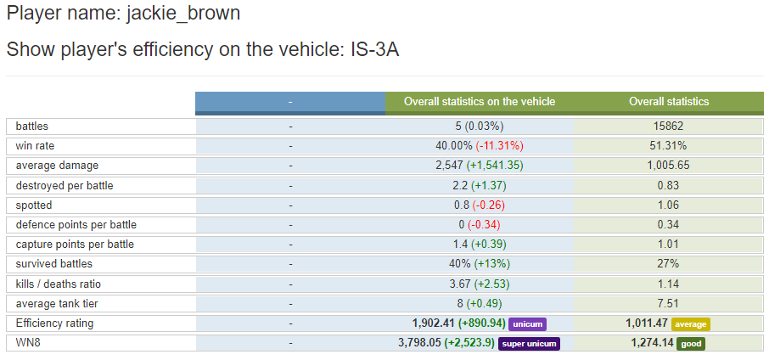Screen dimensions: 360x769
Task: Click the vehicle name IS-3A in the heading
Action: click(x=374, y=49)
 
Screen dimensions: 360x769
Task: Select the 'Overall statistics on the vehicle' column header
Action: click(x=480, y=102)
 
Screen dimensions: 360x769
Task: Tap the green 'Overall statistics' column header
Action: click(x=669, y=102)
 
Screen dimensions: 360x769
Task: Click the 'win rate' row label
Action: click(x=35, y=146)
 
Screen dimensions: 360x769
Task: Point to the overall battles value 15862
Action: click(x=669, y=127)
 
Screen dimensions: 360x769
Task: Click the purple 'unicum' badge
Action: click(x=528, y=323)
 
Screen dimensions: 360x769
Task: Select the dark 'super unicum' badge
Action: click(x=530, y=343)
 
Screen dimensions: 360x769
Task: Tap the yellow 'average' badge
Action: click(x=690, y=323)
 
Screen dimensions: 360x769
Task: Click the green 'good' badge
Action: click(x=691, y=343)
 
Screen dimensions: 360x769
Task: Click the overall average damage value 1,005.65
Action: click(x=669, y=166)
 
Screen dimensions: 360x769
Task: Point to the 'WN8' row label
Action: click(x=28, y=343)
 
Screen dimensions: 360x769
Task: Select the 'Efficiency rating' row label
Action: click(x=54, y=323)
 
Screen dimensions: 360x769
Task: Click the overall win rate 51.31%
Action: click(x=669, y=146)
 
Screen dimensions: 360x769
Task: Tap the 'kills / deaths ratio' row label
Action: click(x=59, y=284)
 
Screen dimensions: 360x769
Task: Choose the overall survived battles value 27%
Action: click(x=669, y=264)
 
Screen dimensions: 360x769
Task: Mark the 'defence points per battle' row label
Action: click(x=76, y=225)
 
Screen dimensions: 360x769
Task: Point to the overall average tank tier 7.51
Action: click(x=669, y=303)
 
